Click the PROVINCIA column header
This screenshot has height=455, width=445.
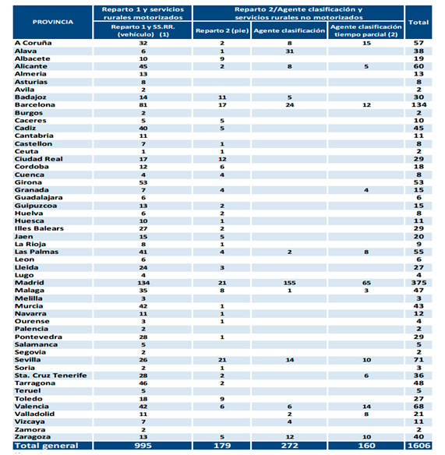(52, 22)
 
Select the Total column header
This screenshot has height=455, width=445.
(419, 23)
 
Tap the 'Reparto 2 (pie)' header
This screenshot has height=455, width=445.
(222, 30)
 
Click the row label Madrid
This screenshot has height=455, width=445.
(30, 283)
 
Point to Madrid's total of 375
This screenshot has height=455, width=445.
(419, 283)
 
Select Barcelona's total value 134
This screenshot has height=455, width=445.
(419, 104)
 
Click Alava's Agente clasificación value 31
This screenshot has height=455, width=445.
(289, 51)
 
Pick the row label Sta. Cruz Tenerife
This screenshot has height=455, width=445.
(51, 376)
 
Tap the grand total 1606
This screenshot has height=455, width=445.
(419, 446)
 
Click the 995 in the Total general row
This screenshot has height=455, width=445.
(143, 446)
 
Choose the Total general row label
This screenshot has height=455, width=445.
(47, 446)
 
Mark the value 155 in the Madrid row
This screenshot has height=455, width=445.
(289, 283)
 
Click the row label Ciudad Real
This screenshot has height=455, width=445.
(39, 159)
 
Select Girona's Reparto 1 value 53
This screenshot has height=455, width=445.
(143, 182)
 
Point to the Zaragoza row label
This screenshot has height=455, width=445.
(29, 437)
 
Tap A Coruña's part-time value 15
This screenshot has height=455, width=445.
(366, 43)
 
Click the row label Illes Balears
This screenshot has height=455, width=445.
(39, 228)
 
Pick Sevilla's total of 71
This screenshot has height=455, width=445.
(419, 360)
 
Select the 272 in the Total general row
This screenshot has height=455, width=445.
(289, 446)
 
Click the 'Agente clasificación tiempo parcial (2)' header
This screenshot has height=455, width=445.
(366, 30)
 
